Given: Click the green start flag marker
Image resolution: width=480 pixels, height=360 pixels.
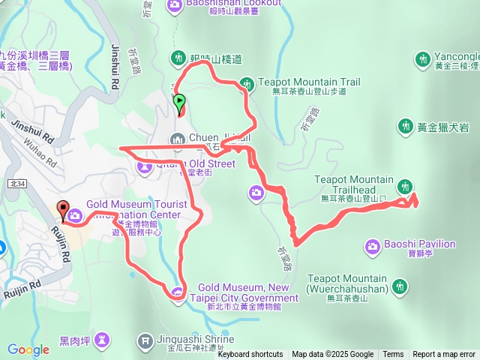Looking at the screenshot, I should tap(179, 101).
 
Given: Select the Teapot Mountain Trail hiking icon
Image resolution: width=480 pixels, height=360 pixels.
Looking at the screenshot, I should tap(247, 82).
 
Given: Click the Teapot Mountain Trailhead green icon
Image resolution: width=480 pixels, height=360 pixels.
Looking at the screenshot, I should tap(406, 185).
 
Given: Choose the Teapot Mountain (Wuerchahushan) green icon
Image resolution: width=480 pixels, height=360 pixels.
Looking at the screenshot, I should tap(400, 285).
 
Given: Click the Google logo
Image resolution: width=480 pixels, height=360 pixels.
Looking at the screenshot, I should tap(28, 349).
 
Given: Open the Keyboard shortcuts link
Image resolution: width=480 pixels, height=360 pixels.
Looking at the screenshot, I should tap(250, 355).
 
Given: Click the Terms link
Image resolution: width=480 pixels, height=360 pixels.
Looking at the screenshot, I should tap(393, 355).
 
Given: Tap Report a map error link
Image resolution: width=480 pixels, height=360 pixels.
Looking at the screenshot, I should tap(444, 355).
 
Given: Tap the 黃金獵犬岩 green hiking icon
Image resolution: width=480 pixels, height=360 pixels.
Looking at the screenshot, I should tap(406, 126).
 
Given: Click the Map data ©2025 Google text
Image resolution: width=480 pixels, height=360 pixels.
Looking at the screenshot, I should tap(332, 355).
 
